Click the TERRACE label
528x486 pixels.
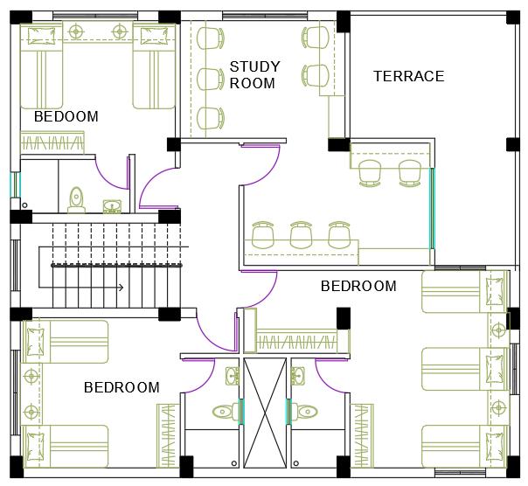[x=409, y=76]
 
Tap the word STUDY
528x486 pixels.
[x=255, y=66]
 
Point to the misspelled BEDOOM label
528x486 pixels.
[x=66, y=116]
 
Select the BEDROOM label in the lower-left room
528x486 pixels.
[x=122, y=387]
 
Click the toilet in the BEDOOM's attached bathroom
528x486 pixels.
[x=77, y=200]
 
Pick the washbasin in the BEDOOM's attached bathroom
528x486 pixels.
[x=112, y=206]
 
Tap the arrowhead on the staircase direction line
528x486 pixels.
[x=122, y=288]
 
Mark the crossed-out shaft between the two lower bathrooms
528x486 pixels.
[x=265, y=413]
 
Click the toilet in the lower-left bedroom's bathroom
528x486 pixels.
[x=226, y=412]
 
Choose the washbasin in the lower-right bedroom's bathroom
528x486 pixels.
[x=298, y=376]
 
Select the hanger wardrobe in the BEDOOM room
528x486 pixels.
[x=52, y=142]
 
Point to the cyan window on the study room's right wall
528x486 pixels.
[x=431, y=209]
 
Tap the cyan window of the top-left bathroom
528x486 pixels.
[x=15, y=184]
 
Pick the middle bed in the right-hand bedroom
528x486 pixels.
[x=465, y=369]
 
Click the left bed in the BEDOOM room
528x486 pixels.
[x=42, y=66]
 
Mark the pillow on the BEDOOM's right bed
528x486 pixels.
[x=154, y=36]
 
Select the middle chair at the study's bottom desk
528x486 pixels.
[x=301, y=235]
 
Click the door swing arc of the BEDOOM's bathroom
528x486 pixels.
[x=108, y=177]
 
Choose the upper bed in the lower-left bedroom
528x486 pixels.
[x=66, y=342]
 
